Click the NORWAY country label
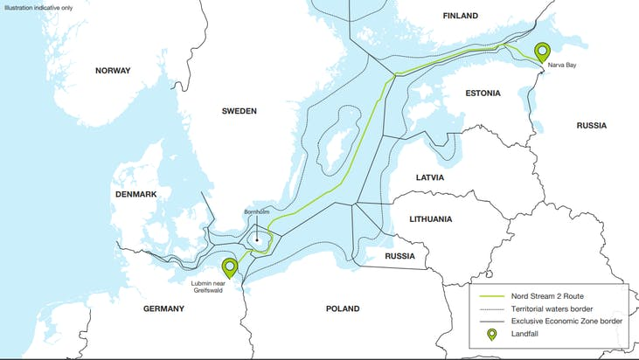pyautogui.click(x=112, y=71)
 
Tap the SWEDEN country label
pyautogui.click(x=239, y=111)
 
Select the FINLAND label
pyautogui.click(x=461, y=16)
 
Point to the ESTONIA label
pyautogui.click(x=483, y=93)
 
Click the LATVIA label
pyautogui.click(x=429, y=177)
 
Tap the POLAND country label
pyautogui.click(x=343, y=308)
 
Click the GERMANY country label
pyautogui.click(x=163, y=308)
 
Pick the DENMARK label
pyautogui.click(x=135, y=193)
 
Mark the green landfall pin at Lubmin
pyautogui.click(x=230, y=267)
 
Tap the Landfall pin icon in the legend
pyautogui.click(x=491, y=334)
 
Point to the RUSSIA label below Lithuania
pyautogui.click(x=399, y=256)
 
